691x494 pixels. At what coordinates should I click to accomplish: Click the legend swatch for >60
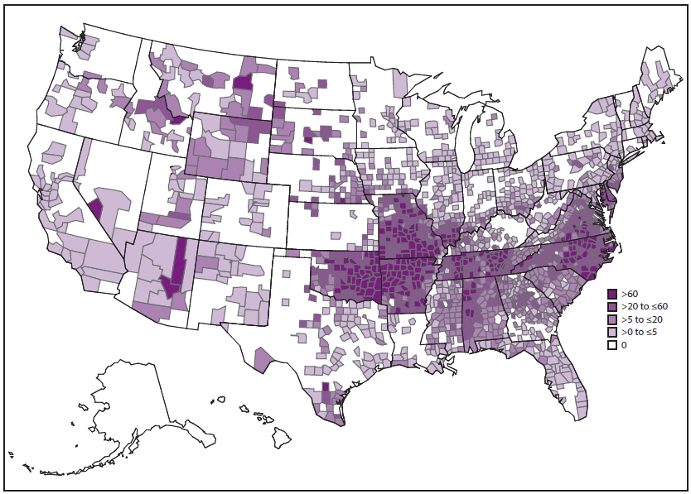[612, 294]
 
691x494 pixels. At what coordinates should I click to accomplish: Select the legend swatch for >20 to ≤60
[612, 306]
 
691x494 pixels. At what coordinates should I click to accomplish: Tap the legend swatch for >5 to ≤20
[612, 319]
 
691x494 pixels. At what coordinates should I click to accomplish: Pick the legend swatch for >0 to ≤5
[612, 332]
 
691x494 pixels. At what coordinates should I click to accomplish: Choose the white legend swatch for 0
[612, 345]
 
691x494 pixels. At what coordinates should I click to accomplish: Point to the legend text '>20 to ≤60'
[644, 306]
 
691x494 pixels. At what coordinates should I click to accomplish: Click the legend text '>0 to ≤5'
[640, 332]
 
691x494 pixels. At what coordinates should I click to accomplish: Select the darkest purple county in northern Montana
[244, 82]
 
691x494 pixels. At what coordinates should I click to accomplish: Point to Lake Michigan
[457, 141]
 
